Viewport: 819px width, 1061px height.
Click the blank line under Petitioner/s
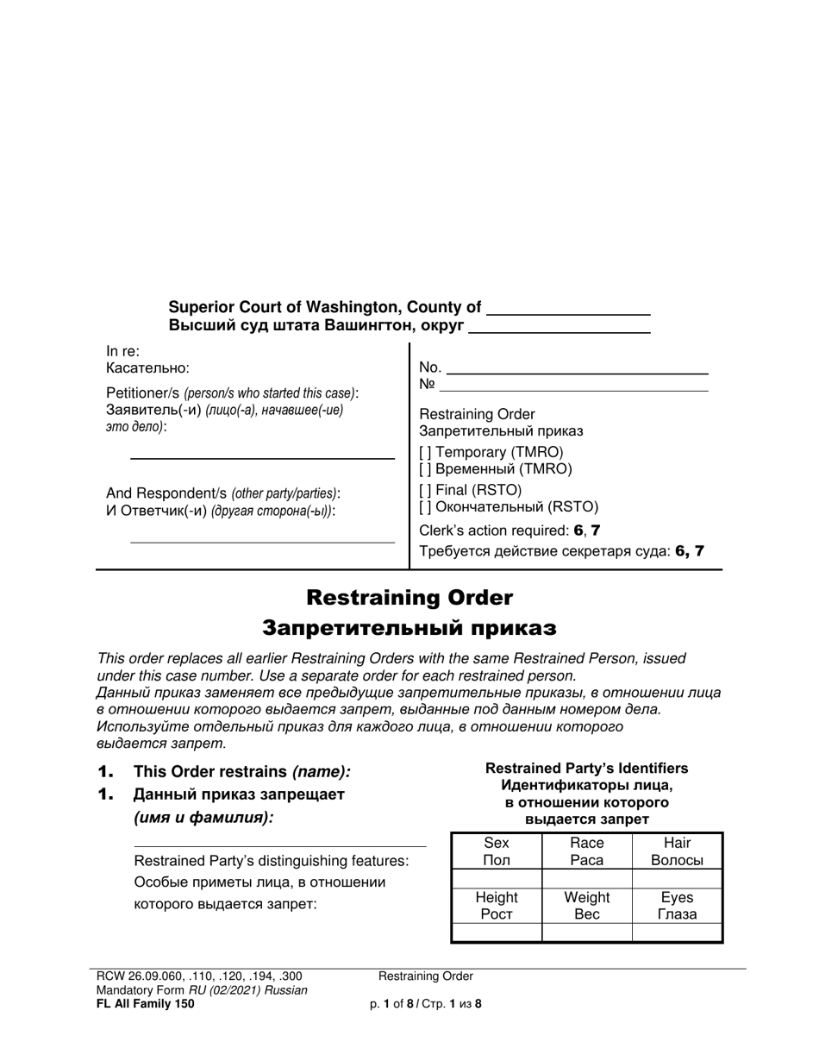coord(261,457)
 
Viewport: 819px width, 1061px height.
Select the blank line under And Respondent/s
coord(261,542)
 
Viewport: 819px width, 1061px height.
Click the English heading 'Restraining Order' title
coord(409,598)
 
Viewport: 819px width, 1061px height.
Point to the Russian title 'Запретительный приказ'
coord(409,627)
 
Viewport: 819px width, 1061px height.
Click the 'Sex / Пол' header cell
coord(497,851)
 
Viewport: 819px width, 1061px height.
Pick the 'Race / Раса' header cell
coord(587,851)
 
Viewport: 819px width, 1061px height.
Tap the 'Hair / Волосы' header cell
coord(677,851)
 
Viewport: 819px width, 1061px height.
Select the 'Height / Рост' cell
coord(497,906)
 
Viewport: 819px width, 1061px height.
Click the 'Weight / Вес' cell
coord(587,906)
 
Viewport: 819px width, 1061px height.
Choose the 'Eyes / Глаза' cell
coord(677,906)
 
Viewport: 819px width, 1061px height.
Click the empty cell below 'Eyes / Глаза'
coord(677,932)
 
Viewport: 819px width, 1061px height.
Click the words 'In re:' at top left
coord(122,352)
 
